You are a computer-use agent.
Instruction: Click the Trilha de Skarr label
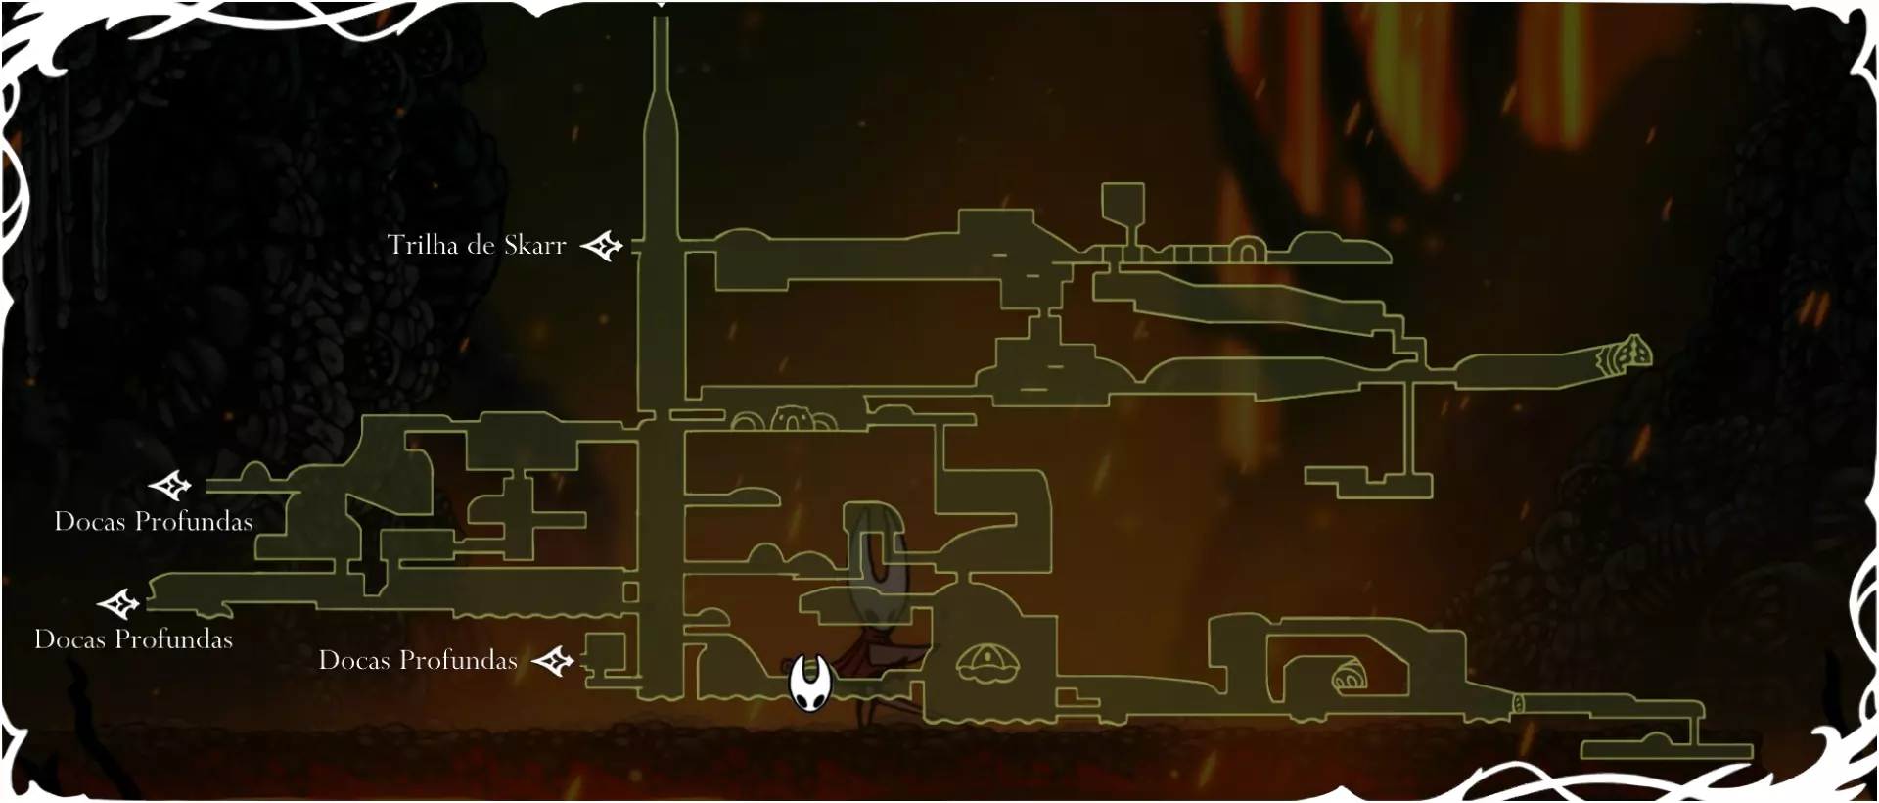coord(477,245)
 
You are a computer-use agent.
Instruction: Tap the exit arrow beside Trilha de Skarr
coord(602,246)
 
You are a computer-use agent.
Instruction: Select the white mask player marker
coord(810,684)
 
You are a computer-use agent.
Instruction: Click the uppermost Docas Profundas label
coord(154,521)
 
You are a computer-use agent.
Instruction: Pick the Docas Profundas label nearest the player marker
coord(418,660)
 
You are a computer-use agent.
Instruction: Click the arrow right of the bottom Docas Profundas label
coord(553,662)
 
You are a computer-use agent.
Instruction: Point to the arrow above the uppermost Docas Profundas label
coord(170,485)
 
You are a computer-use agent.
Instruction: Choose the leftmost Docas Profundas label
coord(134,639)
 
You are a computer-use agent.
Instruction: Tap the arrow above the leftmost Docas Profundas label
coord(119,604)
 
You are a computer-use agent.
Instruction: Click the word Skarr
coord(534,245)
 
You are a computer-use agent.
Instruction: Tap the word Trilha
coord(423,245)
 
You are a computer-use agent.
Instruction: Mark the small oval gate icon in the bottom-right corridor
coord(1518,703)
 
